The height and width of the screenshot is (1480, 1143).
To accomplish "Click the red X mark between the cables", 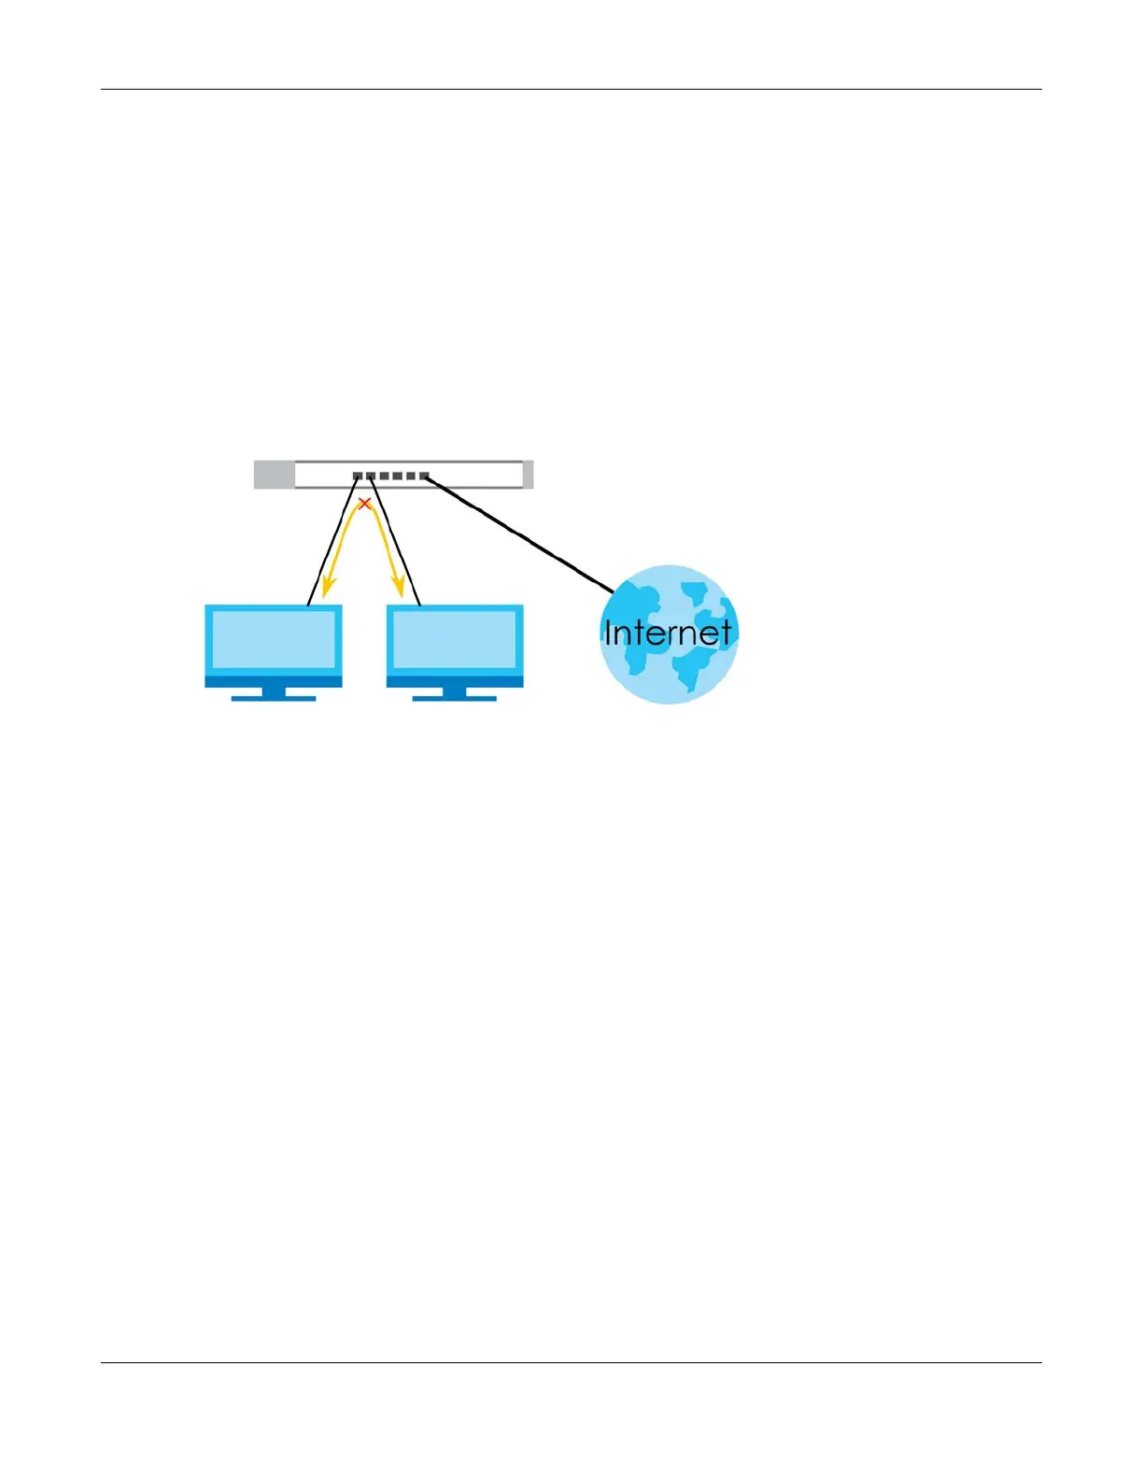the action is (x=365, y=505).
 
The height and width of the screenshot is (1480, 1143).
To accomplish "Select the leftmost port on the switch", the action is (x=358, y=477).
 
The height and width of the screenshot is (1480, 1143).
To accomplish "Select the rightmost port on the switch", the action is (x=423, y=477).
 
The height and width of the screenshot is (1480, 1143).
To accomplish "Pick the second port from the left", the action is (x=371, y=477).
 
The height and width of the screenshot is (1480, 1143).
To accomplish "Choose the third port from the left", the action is (x=384, y=477).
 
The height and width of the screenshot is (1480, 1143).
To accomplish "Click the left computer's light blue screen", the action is (x=274, y=639).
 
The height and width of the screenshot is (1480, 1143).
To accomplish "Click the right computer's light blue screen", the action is (x=455, y=639).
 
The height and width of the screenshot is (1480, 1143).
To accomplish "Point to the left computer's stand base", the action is (x=274, y=697).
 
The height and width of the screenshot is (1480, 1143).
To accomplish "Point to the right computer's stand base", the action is (x=455, y=697).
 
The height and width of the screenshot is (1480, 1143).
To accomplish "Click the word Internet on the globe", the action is (x=668, y=633).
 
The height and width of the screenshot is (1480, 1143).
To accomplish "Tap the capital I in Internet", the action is (x=608, y=633).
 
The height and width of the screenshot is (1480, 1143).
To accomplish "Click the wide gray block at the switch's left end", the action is (x=275, y=475).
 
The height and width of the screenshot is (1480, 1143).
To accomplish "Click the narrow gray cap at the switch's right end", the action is (x=529, y=475).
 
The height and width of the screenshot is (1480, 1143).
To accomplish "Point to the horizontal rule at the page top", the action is (x=571, y=90).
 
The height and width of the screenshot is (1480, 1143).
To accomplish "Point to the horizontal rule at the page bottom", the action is (x=571, y=1362).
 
